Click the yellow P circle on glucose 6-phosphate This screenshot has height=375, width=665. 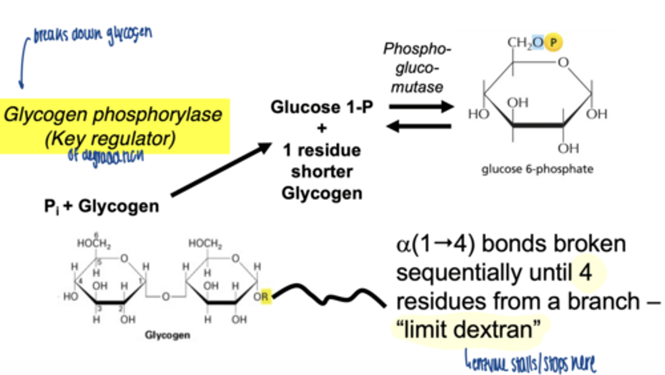point(554,43)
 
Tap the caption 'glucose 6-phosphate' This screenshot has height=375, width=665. point(537,169)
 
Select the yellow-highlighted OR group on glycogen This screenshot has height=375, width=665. point(262,296)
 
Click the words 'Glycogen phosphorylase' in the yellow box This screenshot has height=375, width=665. point(113,114)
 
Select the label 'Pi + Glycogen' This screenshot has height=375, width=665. point(102,206)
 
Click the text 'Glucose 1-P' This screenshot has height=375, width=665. point(321,107)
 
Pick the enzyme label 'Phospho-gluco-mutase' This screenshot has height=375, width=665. point(417,68)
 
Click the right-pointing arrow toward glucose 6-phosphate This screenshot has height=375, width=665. point(421,107)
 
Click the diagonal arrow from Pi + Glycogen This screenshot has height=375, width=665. point(221,169)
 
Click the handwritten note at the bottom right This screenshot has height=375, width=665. point(530,361)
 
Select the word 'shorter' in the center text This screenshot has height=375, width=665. point(321,172)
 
